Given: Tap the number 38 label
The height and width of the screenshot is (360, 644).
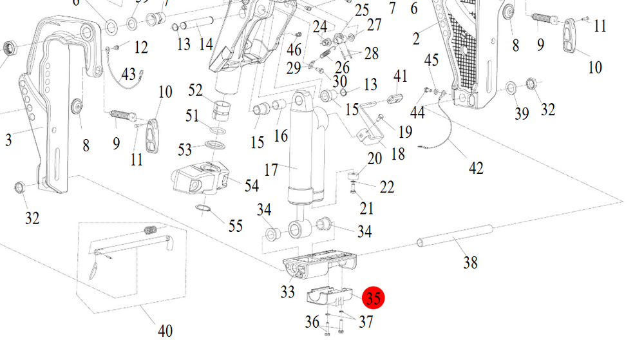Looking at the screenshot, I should [x=471, y=262].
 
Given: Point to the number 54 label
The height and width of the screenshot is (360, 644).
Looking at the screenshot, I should [x=251, y=185].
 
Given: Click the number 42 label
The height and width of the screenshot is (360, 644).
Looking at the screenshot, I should [x=475, y=167].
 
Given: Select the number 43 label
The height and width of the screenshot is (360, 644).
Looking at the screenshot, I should [x=128, y=75].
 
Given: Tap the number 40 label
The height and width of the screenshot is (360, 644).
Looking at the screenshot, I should [x=166, y=331].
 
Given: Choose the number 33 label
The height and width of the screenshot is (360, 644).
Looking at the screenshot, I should [x=288, y=292].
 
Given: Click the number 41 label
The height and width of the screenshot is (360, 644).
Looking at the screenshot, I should [x=401, y=77].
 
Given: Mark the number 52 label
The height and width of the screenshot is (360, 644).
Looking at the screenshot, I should [x=195, y=90].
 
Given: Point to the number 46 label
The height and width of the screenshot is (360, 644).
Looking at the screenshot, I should [x=294, y=49].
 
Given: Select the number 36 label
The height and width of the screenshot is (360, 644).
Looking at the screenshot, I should [x=312, y=321].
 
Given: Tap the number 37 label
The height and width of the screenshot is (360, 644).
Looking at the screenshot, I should [x=366, y=321].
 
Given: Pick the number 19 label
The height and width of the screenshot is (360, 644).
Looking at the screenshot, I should [x=404, y=132].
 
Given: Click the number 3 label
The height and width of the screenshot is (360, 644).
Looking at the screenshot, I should [x=8, y=139].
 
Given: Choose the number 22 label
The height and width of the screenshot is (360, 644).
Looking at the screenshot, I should [x=387, y=186].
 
